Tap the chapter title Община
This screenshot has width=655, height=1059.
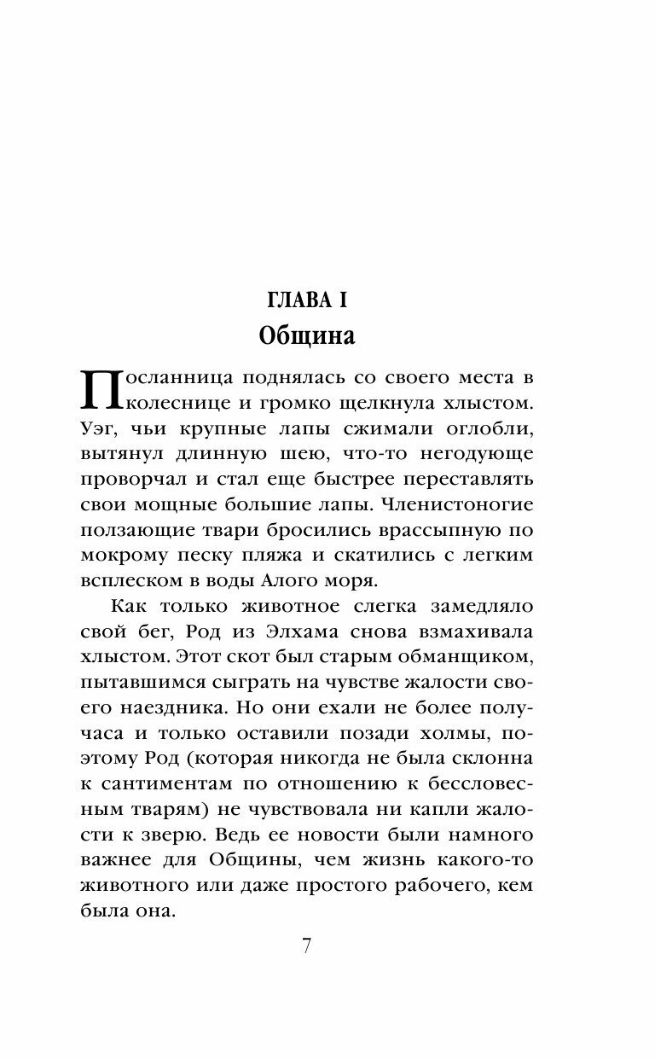306,335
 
